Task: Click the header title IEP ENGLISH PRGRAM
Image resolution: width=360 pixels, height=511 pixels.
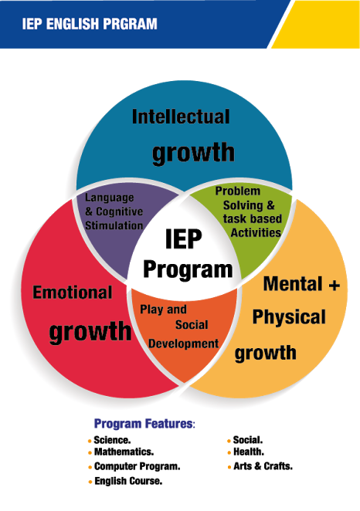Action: [x=90, y=24]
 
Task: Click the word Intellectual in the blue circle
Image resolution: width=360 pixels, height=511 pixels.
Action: [x=181, y=117]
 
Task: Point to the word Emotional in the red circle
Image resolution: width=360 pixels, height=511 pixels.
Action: [x=73, y=292]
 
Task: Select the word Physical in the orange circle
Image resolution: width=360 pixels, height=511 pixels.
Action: [x=289, y=317]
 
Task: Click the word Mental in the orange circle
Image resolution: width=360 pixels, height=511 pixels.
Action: [x=293, y=283]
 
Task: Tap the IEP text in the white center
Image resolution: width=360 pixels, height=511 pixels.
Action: [x=184, y=239]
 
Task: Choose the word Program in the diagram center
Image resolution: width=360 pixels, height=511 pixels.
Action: [x=188, y=270]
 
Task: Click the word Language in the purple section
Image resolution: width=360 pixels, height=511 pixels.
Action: [x=109, y=198]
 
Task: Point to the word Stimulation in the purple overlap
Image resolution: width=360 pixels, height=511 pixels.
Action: [x=114, y=225]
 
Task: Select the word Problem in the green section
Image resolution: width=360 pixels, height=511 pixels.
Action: [x=238, y=191]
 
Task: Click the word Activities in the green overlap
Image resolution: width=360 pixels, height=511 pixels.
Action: [x=256, y=232]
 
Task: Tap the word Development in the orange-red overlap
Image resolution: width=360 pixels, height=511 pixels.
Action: [x=184, y=343]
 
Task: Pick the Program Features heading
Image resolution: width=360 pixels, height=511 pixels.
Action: [x=144, y=424]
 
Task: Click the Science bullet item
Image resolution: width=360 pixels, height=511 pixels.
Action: [x=112, y=440]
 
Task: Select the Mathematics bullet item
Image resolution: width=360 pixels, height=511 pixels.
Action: [x=124, y=452]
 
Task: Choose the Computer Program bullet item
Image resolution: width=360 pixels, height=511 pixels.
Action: [x=138, y=467]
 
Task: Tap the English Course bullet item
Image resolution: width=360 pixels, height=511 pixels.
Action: [x=128, y=481]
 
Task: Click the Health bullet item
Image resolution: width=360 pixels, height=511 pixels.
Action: [x=249, y=452]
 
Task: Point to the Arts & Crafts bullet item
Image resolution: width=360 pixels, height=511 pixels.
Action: [x=263, y=466]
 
